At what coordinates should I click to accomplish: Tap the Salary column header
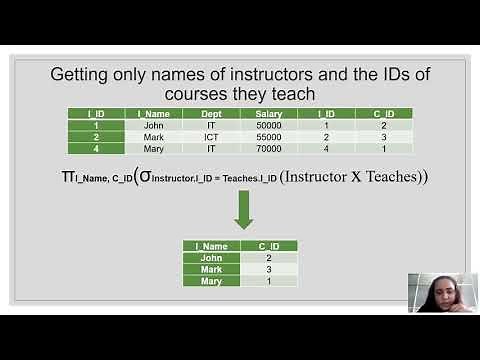click(x=270, y=114)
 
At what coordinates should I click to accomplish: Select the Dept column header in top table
click(x=211, y=114)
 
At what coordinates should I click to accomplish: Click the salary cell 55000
click(x=270, y=137)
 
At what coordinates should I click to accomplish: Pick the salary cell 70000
click(x=270, y=148)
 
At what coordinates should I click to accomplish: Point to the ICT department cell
click(x=211, y=137)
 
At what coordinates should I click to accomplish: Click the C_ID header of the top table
click(x=383, y=114)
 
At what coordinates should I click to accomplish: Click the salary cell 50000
click(x=270, y=126)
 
